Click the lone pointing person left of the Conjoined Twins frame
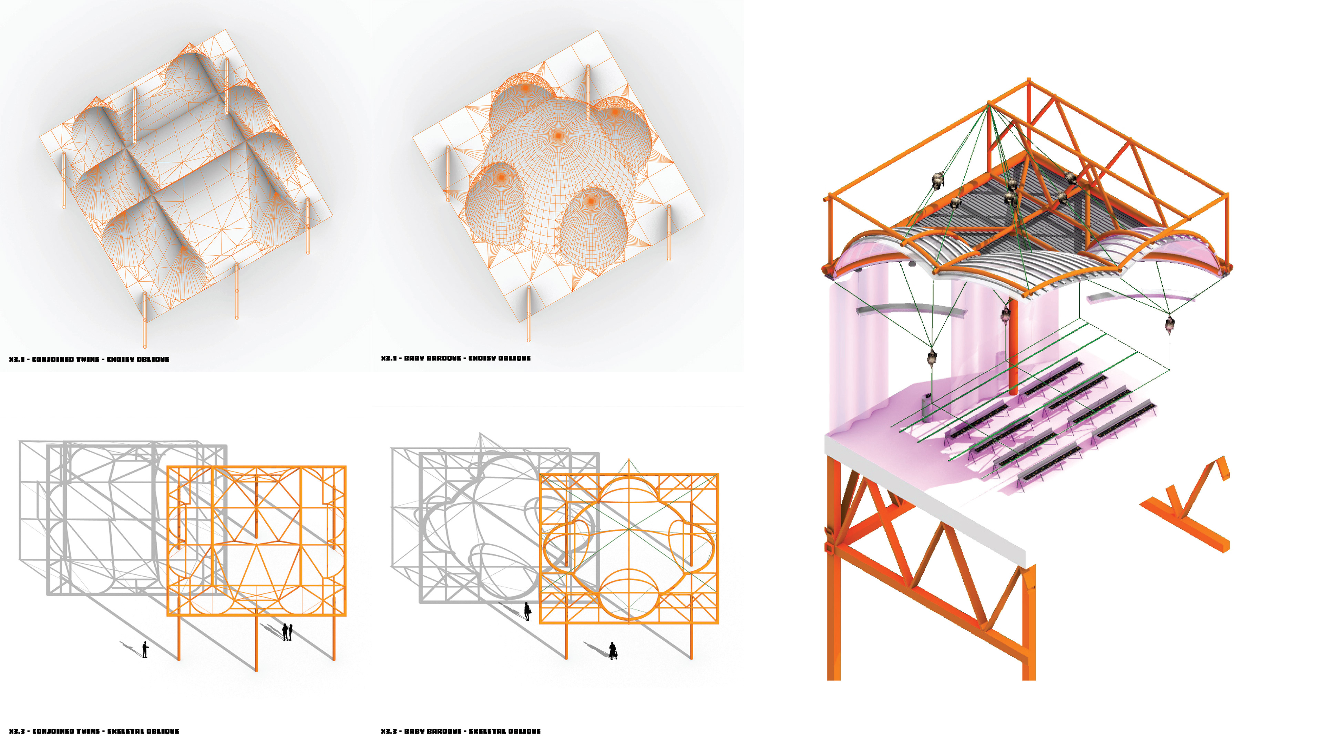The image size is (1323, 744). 145,650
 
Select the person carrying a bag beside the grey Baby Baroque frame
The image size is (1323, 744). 527,611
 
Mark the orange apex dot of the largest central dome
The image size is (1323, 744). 558,136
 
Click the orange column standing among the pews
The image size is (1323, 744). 1013,349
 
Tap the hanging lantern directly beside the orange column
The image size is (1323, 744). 1006,314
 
